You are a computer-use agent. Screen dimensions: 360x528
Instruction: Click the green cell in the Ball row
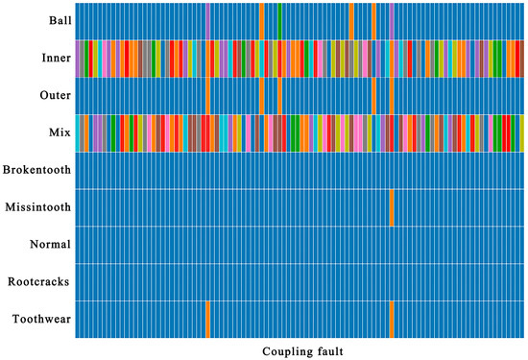pyautogui.click(x=279, y=21)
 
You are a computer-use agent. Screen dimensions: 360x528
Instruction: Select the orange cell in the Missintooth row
pyautogui.click(x=392, y=207)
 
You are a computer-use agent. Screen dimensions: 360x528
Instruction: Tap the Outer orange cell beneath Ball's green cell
pyautogui.click(x=279, y=95)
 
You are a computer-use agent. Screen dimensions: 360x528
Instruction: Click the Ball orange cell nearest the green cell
pyautogui.click(x=261, y=21)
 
